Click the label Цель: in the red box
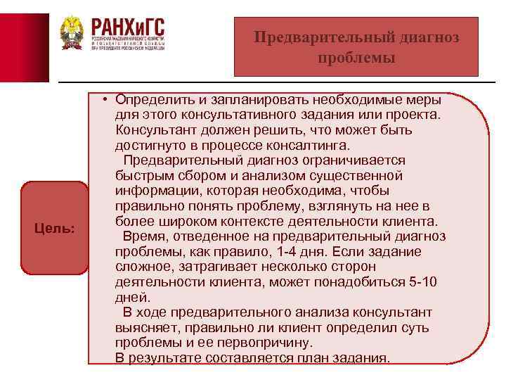click(55, 229)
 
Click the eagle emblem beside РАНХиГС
click(72, 33)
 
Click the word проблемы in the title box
click(356, 58)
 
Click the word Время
click(144, 236)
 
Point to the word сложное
click(145, 267)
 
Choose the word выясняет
click(146, 328)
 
